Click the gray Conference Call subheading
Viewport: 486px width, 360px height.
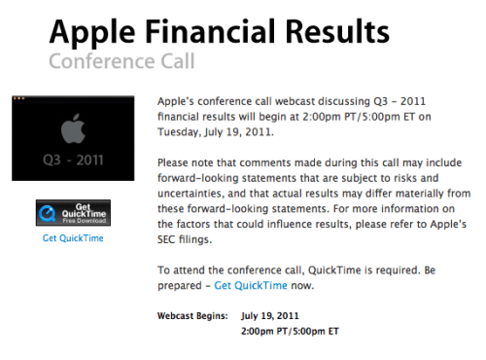tap(121, 61)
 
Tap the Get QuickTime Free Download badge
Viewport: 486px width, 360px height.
tap(72, 213)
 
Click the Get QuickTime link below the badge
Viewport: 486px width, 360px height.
tap(72, 237)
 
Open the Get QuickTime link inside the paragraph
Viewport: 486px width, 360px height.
tap(251, 285)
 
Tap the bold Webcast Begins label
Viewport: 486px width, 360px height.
tap(191, 316)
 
